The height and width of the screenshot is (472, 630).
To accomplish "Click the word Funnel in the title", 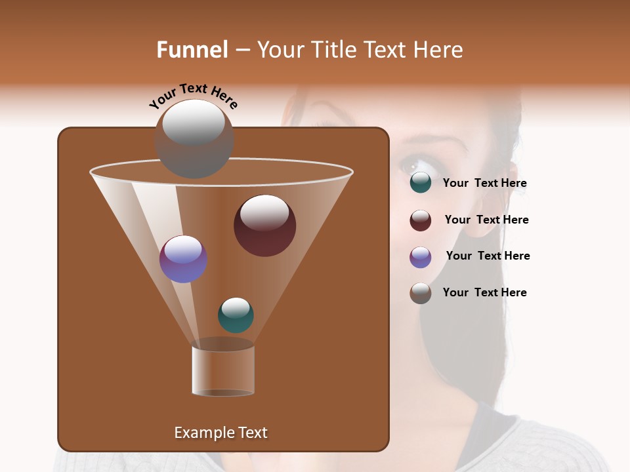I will click(192, 50).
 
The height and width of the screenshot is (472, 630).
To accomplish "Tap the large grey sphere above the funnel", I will click(194, 138).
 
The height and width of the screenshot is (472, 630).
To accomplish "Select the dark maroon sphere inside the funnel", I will click(264, 225).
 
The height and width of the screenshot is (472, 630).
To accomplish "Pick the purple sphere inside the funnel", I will click(183, 259).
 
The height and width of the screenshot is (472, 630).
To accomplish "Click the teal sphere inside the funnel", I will click(236, 315).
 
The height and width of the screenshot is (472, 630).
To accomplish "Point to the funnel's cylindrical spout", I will click(223, 370).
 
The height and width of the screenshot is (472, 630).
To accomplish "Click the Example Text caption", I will click(221, 433).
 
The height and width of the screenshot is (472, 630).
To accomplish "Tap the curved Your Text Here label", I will click(193, 96).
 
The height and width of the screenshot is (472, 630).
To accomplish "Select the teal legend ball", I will click(421, 183).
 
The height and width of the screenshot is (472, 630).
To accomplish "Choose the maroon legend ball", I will click(421, 220).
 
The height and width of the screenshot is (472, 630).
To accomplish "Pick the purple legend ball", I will click(421, 257).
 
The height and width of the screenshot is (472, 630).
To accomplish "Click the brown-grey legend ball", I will click(421, 293).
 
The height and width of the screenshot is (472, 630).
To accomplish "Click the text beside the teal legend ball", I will click(484, 184).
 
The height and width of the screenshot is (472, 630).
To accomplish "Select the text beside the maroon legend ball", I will click(486, 220).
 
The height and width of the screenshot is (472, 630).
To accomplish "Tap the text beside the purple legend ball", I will click(488, 256).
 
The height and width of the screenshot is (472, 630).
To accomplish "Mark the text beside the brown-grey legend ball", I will click(484, 292).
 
